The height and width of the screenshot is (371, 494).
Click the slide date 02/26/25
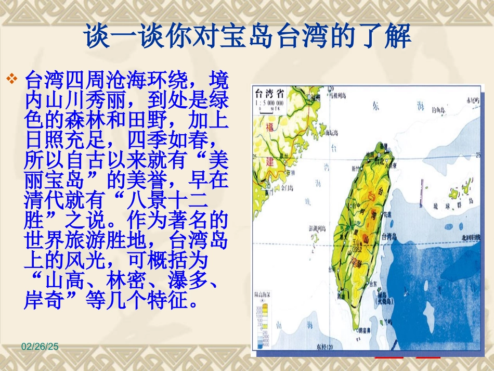[x=40, y=346]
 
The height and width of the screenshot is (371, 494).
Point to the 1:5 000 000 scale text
[x=272, y=103]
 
